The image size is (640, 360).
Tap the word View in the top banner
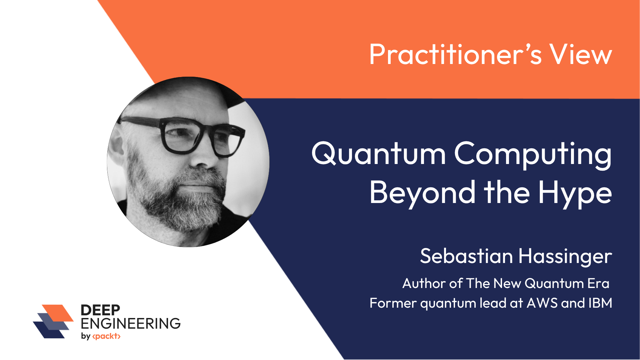tap(581, 54)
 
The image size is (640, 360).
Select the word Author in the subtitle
tap(424, 283)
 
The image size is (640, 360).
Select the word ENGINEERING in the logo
tap(131, 323)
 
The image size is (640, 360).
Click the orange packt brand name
tap(106, 336)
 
